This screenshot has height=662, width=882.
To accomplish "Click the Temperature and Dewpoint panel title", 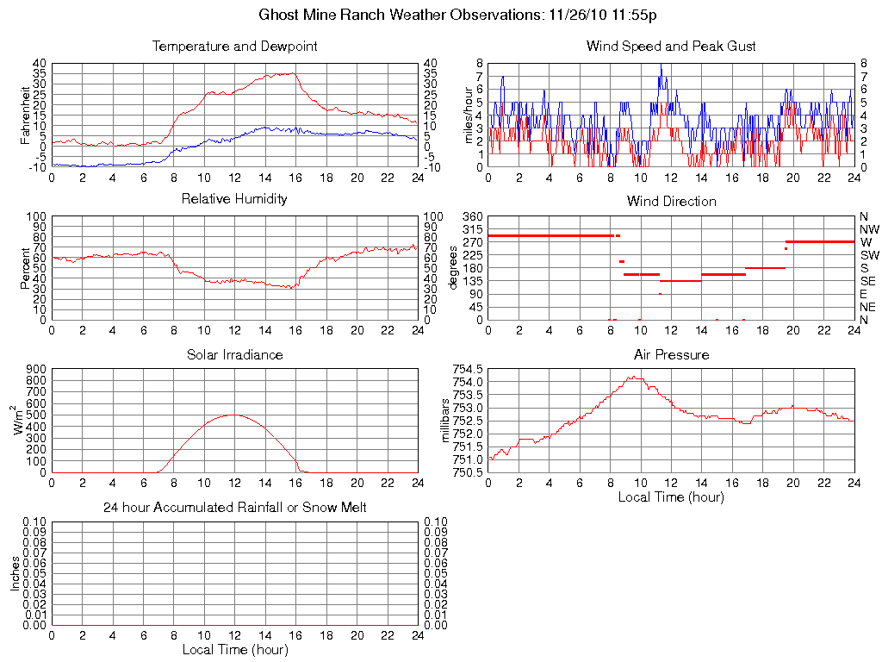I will tap(234, 47).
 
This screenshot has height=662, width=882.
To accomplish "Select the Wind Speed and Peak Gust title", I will tap(671, 47).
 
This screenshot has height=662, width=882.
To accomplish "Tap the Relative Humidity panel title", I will tap(234, 200).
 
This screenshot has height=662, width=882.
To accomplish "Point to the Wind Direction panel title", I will tap(671, 202).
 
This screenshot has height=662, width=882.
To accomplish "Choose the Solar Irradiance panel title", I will tap(234, 355).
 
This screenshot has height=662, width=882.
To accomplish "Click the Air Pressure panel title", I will tap(671, 355).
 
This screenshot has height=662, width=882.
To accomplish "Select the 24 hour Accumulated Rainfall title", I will tap(234, 508).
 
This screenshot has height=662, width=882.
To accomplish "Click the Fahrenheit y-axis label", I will tap(25, 115).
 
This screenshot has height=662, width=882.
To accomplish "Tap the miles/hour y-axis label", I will tap(470, 115).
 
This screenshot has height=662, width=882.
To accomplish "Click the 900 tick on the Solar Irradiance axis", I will tap(35, 369).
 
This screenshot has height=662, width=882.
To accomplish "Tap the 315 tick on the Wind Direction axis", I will tap(472, 229).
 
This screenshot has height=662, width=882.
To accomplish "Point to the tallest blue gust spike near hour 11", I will tap(661, 65).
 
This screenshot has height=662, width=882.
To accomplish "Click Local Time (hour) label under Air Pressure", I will tap(671, 497).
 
